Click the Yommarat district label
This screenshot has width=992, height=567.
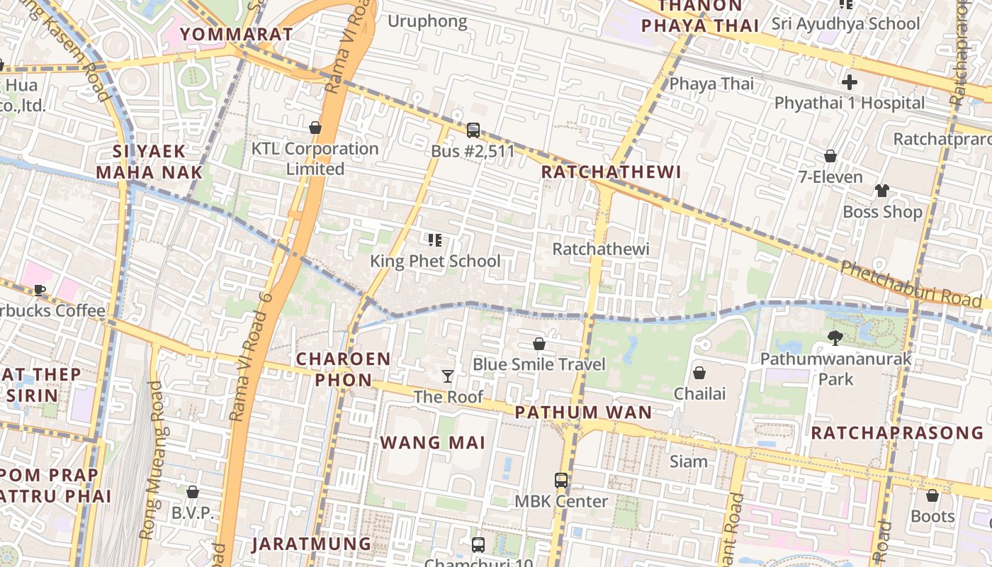236,34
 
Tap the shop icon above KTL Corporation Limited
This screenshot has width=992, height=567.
315,128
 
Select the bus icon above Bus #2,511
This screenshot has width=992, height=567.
473,130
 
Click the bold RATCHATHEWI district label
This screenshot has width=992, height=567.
611,172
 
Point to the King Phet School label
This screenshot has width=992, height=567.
435,261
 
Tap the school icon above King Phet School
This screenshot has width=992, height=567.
435,240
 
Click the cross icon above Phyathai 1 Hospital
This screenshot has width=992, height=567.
849,82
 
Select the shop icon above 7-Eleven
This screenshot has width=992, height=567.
830,156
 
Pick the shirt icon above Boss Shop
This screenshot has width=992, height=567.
882,190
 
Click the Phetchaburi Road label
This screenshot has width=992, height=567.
911,284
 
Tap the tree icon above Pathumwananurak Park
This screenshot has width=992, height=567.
835,338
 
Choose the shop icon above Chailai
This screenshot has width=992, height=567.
699,372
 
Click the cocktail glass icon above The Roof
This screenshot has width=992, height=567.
448,376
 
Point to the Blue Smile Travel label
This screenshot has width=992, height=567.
539,364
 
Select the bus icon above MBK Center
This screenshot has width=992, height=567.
561,480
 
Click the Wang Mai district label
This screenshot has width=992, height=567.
432,443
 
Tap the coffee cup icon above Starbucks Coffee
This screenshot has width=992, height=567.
40,290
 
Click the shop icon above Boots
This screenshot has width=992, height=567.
932,495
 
